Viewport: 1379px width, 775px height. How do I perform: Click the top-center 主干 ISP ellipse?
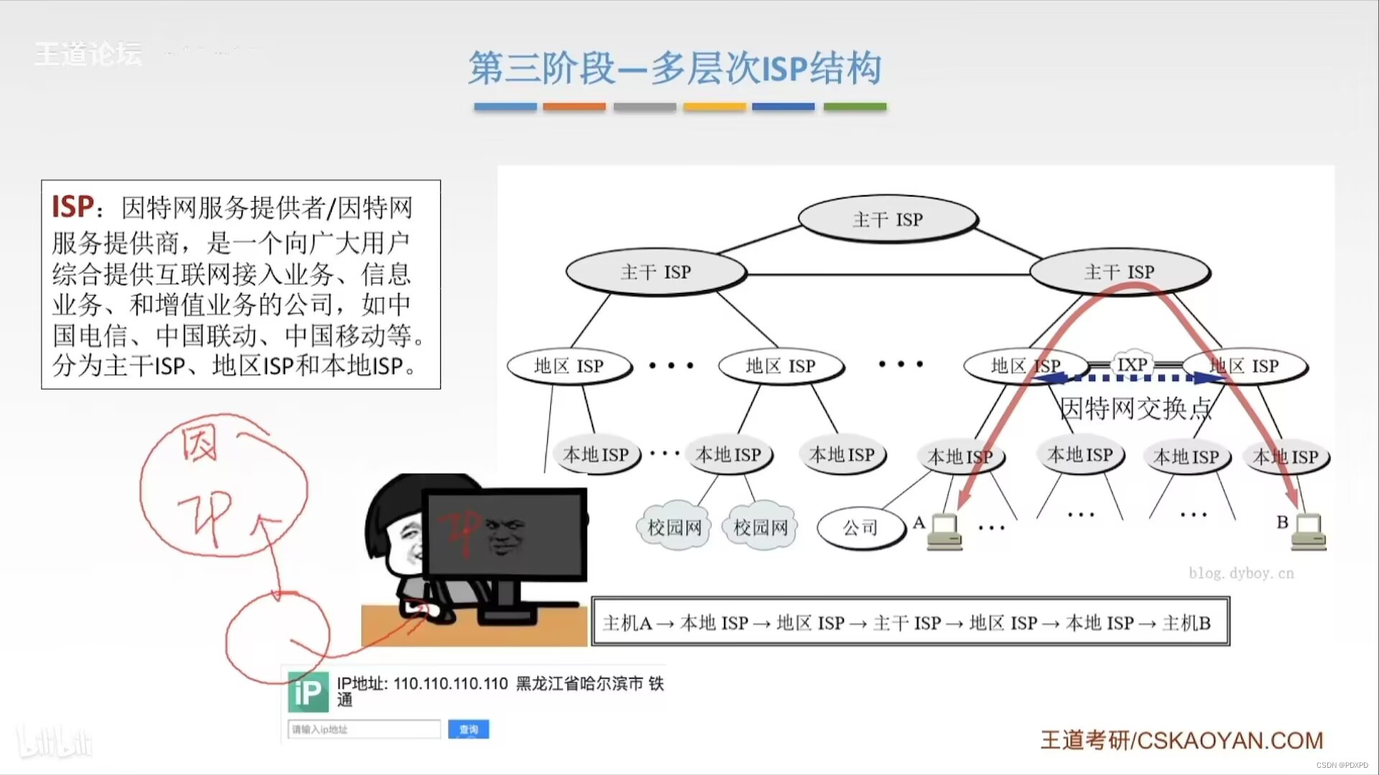pos(888,219)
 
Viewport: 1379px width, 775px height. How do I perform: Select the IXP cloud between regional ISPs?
pos(1133,365)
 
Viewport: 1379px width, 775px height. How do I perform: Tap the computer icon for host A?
pos(944,532)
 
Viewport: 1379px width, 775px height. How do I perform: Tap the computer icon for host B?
pos(1309,532)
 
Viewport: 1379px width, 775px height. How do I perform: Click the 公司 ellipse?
pos(860,528)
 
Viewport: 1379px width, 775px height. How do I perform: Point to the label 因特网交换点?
pos(1136,408)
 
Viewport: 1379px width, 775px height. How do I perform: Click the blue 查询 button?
pos(468,729)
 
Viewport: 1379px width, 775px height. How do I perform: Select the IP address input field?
pos(364,729)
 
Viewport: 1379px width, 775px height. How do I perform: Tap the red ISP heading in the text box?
pos(73,207)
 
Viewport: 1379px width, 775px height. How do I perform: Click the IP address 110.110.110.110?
pos(450,683)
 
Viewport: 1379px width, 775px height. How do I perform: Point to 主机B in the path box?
pos(1186,623)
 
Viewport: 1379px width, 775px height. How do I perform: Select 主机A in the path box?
pos(627,623)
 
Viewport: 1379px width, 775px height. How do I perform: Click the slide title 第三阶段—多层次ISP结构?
pos(675,69)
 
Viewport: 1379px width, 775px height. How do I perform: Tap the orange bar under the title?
pos(574,107)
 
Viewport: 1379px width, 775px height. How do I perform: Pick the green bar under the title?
pos(855,107)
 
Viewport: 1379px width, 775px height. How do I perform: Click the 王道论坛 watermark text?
pos(88,54)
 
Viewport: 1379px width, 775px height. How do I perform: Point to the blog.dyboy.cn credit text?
pos(1240,573)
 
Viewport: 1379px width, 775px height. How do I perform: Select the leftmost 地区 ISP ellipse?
pos(569,366)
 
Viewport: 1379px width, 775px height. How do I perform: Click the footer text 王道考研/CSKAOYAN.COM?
pos(1181,740)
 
